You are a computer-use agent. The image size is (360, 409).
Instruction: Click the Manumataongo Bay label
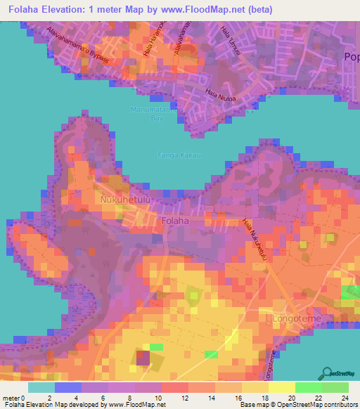[155, 114]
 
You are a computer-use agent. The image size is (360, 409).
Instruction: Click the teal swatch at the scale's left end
[41, 387]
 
